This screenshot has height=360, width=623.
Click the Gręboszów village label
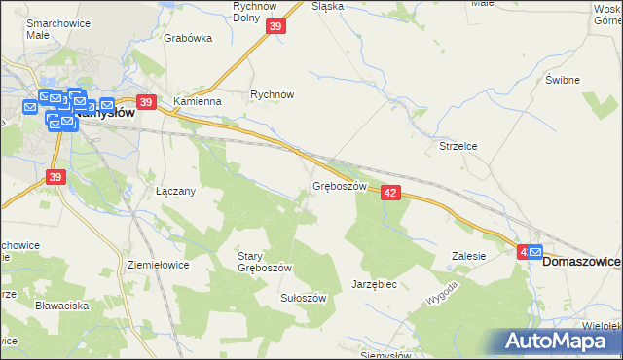339,185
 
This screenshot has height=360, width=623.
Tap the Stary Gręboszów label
265,262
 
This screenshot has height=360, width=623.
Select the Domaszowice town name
581,262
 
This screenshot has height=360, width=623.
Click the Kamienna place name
198,101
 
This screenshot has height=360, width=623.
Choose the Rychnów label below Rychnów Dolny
272,95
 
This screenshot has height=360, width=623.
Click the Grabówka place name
188,40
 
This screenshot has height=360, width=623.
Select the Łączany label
176,191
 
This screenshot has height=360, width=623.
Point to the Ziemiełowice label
158,264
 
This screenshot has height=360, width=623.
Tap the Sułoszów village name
303,298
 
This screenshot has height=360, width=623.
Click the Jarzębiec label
374,284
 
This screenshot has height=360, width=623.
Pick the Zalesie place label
468,256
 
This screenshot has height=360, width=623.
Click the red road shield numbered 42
390,194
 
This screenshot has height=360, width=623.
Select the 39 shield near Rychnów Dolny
275,28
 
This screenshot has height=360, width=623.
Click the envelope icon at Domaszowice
534,252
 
